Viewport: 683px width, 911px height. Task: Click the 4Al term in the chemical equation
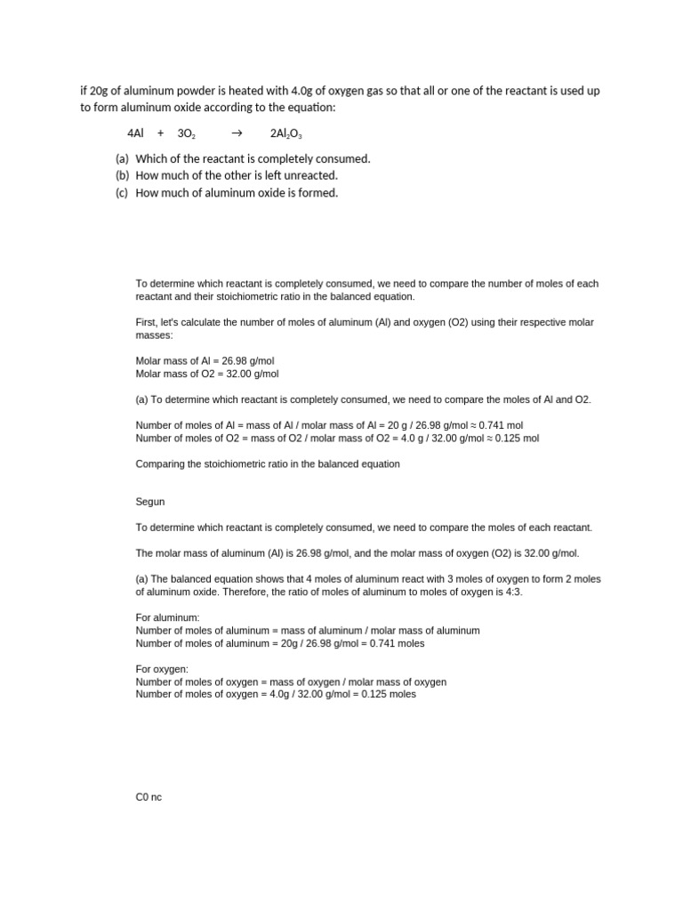[135, 133]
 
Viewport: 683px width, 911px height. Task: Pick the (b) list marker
[123, 176]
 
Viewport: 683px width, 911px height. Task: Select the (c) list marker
[123, 193]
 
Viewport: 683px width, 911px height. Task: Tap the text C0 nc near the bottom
[149, 797]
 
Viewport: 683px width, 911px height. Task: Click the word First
[146, 322]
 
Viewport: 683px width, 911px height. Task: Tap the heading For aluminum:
[167, 617]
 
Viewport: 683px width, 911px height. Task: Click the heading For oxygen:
[162, 669]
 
